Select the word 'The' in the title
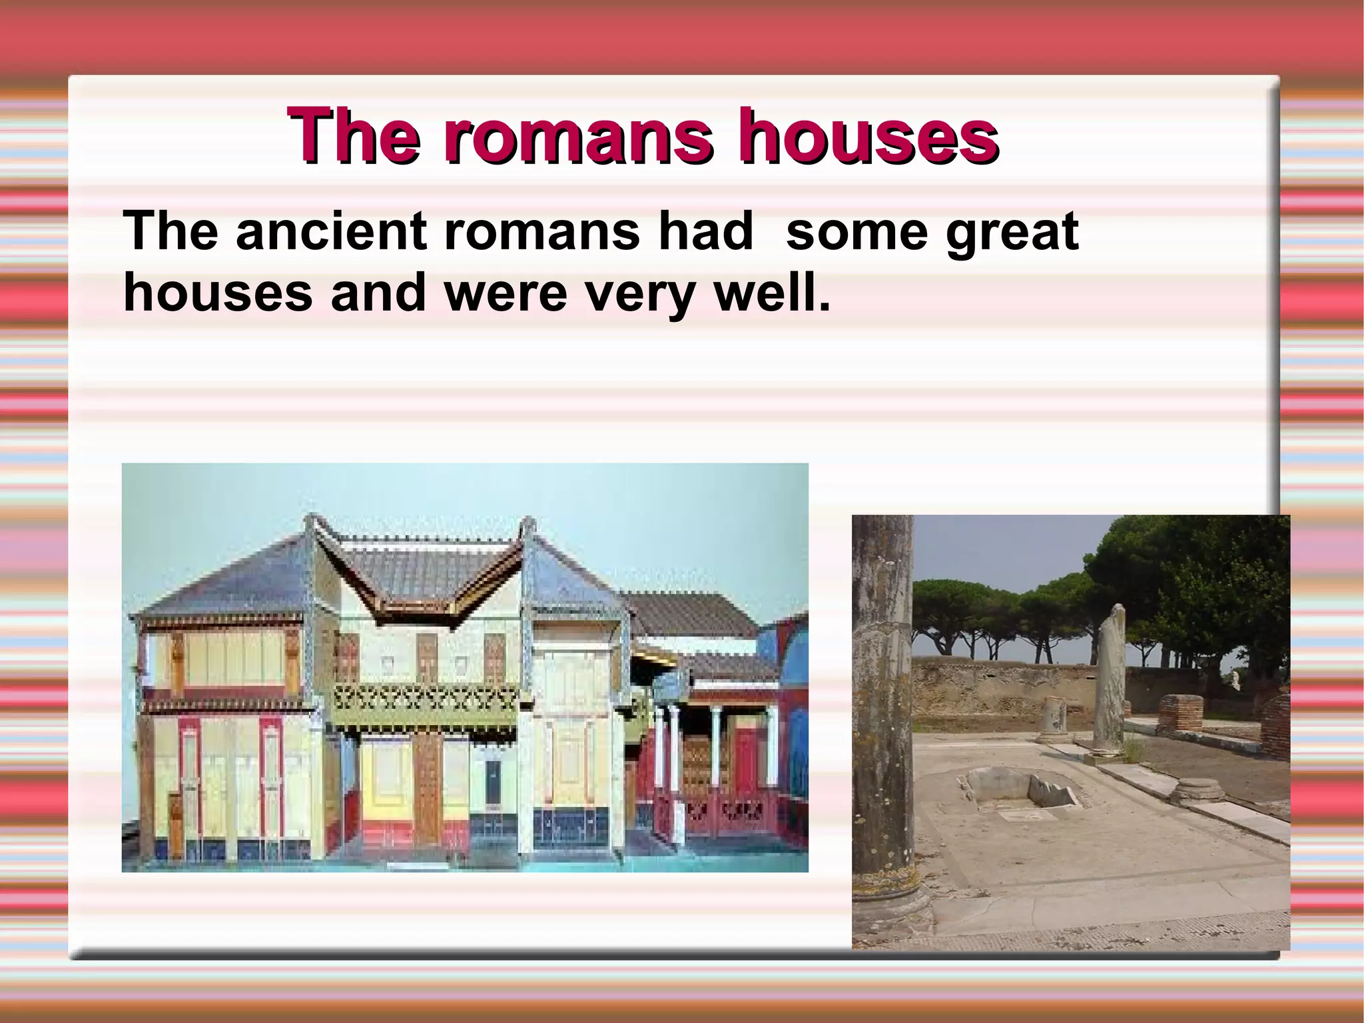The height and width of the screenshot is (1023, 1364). click(x=354, y=137)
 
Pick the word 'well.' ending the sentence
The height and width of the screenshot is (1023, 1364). click(x=773, y=293)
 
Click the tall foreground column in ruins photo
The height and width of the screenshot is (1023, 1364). click(x=882, y=700)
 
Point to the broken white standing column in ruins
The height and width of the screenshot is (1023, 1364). click(x=1109, y=680)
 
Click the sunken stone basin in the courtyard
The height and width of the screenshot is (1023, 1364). click(x=1019, y=790)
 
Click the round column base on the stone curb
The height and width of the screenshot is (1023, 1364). click(x=1196, y=790)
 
